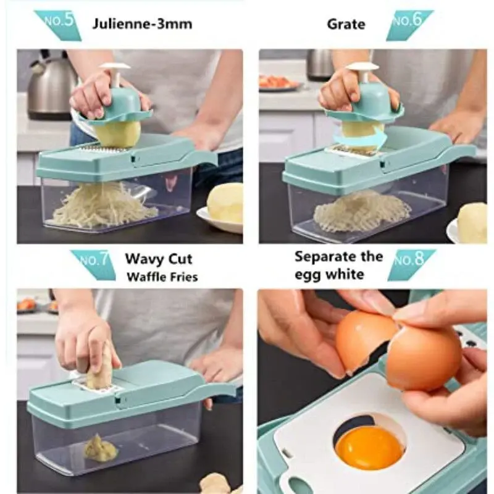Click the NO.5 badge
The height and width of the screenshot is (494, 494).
click(x=58, y=25)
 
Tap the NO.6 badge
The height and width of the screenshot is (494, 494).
click(x=409, y=25)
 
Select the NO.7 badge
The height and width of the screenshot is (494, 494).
click(x=94, y=265)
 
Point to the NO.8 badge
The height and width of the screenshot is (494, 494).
click(x=411, y=265)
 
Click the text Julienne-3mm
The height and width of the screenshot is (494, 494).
click(x=142, y=24)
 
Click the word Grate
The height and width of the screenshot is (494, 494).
click(x=346, y=24)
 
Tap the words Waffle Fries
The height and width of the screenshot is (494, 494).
click(x=162, y=277)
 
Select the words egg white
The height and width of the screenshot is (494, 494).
click(x=329, y=275)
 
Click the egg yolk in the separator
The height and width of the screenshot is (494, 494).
click(x=369, y=449)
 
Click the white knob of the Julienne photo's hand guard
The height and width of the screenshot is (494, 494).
click(x=115, y=67)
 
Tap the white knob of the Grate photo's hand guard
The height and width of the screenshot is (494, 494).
click(x=362, y=67)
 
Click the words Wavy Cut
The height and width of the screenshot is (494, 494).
click(x=159, y=259)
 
